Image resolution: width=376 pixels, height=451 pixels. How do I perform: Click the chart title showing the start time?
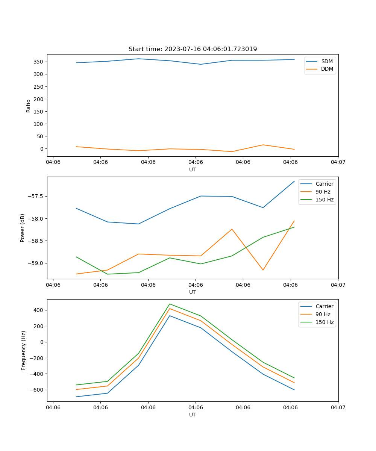coord(193,49)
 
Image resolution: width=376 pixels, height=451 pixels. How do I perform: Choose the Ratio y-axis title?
coord(29,106)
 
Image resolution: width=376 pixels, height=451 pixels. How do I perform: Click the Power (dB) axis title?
coord(23,228)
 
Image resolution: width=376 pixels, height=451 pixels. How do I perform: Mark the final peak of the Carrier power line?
coord(294,181)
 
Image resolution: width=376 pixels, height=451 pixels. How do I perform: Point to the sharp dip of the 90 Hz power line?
coord(263,270)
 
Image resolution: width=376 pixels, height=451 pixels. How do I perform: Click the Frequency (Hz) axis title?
coord(24,350)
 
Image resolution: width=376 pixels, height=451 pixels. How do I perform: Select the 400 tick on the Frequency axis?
coord(39,310)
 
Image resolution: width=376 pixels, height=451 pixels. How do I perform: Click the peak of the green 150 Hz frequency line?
coord(170,304)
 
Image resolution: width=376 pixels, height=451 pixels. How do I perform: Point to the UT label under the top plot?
coord(193,170)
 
